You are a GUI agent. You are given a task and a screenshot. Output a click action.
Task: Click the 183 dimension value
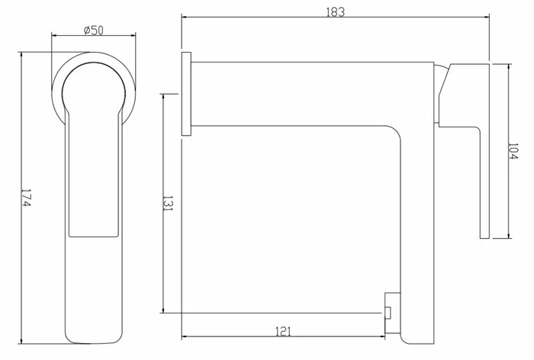(x=336, y=12)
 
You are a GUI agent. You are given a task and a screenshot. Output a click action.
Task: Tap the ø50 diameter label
(x=93, y=31)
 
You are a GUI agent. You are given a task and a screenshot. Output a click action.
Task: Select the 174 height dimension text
(x=27, y=198)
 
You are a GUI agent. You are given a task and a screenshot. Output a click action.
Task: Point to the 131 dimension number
(x=168, y=204)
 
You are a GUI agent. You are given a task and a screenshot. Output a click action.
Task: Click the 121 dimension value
(x=283, y=331)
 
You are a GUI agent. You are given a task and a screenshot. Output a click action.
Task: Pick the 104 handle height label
(x=512, y=151)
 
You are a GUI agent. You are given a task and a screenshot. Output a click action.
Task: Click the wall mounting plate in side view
(x=186, y=94)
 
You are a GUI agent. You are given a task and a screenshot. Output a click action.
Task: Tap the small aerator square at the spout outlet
(x=388, y=313)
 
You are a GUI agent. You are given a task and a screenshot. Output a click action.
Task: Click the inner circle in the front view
(x=94, y=64)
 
